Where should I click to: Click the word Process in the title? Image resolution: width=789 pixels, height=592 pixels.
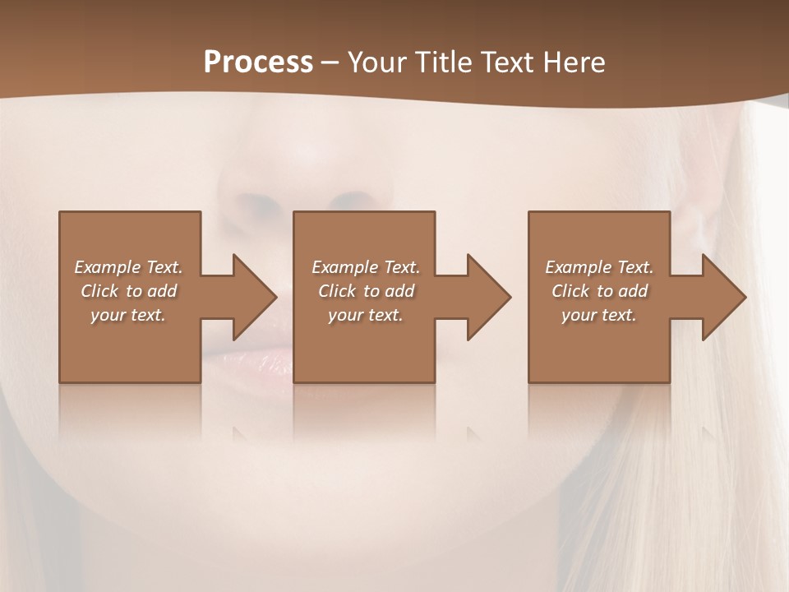[258, 62]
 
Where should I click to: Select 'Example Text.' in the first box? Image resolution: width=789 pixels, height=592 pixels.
[128, 267]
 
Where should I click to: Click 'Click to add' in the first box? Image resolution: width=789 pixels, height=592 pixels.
[128, 291]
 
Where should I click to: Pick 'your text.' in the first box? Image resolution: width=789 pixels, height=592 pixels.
[128, 315]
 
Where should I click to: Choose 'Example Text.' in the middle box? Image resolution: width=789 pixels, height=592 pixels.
[366, 267]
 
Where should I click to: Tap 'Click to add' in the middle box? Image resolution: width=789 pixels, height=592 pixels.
[366, 291]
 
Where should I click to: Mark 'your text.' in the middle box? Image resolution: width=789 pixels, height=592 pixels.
[366, 315]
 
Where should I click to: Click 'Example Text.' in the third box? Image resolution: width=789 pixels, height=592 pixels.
[599, 267]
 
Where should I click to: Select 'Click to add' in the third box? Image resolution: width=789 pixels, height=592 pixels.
[599, 291]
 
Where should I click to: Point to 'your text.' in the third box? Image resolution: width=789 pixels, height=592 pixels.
[599, 315]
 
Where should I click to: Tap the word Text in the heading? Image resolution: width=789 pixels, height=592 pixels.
[505, 62]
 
